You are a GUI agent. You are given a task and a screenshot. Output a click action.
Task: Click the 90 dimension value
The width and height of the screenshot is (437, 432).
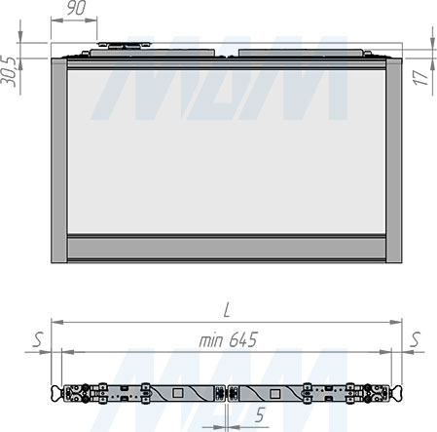(77, 8)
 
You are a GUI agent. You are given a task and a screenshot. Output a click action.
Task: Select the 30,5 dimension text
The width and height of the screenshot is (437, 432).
(9, 72)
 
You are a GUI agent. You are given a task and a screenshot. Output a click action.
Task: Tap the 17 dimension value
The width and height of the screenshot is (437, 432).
(421, 78)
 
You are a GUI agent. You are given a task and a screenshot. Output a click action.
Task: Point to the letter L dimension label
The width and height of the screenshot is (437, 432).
(227, 310)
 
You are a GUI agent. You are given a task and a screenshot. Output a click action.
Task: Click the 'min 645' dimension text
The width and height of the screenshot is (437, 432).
(228, 340)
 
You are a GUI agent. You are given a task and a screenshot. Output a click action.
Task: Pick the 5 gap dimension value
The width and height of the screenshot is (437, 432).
(260, 414)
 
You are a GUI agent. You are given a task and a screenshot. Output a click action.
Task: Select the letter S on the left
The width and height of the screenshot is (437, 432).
(38, 339)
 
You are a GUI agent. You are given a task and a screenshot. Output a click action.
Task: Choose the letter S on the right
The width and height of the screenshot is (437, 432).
(416, 339)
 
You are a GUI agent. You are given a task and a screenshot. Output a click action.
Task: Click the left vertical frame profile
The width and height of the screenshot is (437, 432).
(59, 161)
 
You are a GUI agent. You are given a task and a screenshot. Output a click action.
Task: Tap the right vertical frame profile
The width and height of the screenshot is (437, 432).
(394, 161)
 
